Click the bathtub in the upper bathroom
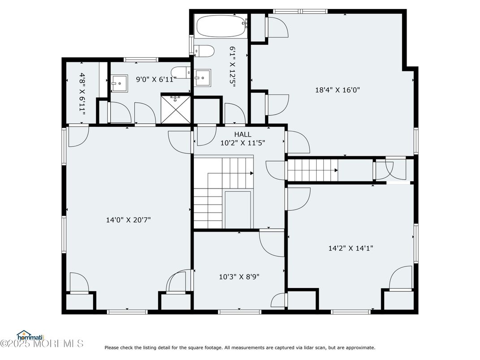tap(221, 26)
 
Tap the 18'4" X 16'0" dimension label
tap(337, 90)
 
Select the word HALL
tap(243, 134)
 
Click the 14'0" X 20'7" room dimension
tap(128, 220)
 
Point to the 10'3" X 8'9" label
tap(239, 277)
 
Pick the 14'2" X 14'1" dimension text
tap(351, 248)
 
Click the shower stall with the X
tap(176, 110)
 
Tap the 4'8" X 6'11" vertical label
tap(82, 94)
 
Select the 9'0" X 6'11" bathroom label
tap(156, 80)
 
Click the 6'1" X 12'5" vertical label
tap(232, 67)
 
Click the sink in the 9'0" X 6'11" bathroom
tap(119, 83)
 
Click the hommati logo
tap(30, 336)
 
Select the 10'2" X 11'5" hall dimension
tap(243, 143)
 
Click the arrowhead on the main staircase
tap(252, 173)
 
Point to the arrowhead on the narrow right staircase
tap(336, 171)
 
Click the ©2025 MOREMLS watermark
tap(42, 343)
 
